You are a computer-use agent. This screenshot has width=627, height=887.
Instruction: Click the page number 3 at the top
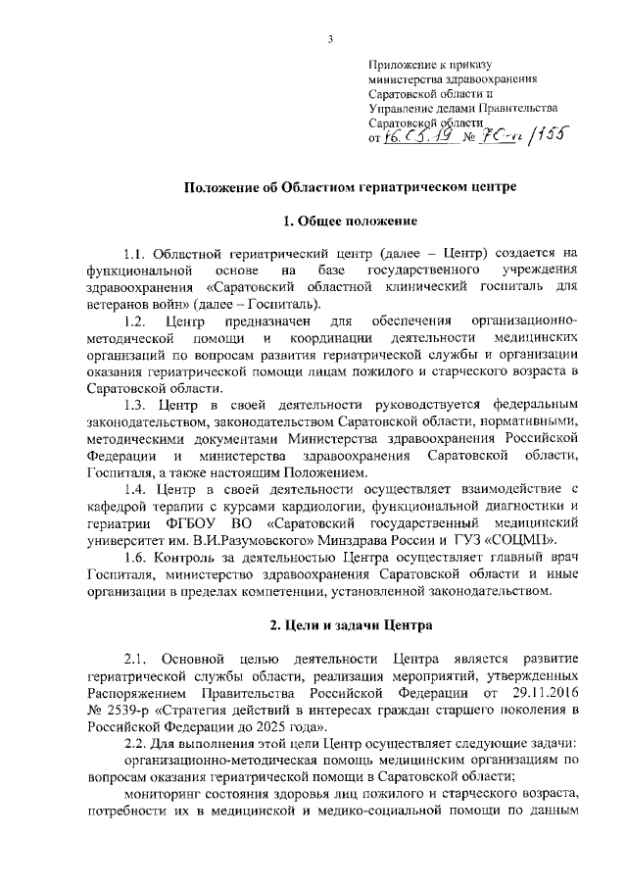pos(331,38)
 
